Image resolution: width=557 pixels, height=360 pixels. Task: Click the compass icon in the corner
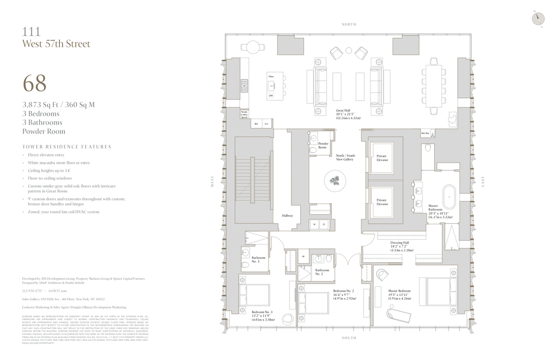click(538, 17)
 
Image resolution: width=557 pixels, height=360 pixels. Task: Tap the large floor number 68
click(34, 84)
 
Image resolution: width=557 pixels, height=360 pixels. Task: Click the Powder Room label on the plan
click(323, 145)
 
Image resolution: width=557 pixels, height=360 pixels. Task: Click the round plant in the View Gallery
click(335, 180)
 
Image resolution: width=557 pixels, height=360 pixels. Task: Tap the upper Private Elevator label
click(382, 158)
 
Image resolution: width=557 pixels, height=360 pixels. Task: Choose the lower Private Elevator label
click(382, 202)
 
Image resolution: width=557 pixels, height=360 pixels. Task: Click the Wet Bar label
click(424, 134)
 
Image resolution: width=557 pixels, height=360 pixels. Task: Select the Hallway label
click(287, 216)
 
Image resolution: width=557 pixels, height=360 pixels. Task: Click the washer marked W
click(315, 225)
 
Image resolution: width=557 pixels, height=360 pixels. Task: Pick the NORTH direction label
click(349, 24)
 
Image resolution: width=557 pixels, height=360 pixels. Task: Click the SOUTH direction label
click(349, 338)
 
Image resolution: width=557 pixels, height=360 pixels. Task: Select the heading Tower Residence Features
click(66, 147)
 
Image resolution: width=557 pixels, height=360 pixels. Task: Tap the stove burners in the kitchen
click(244, 86)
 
